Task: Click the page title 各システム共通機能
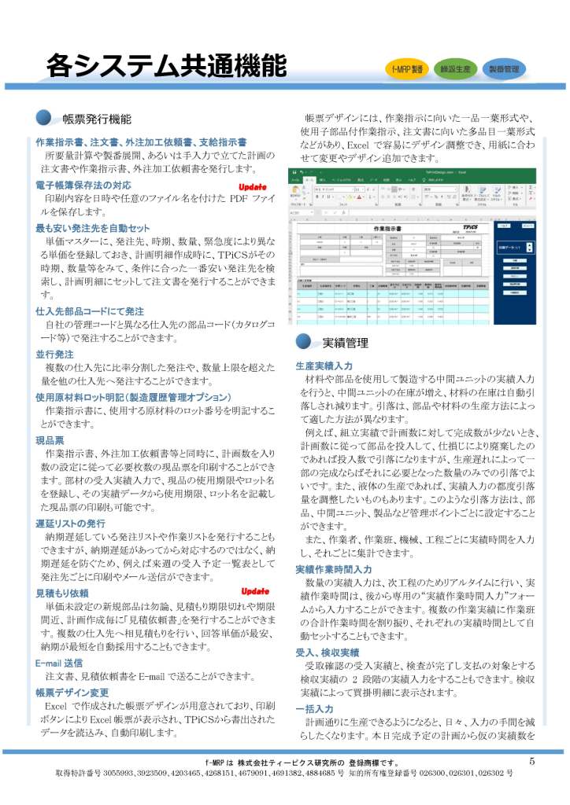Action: pyautogui.click(x=165, y=65)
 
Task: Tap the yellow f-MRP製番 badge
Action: pyautogui.click(x=407, y=69)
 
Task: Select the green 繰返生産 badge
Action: pyautogui.click(x=455, y=69)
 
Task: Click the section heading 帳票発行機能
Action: pyautogui.click(x=97, y=119)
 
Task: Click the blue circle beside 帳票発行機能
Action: pyautogui.click(x=44, y=119)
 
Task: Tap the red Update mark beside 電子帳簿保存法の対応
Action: pyautogui.click(x=254, y=186)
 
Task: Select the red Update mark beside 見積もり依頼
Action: pyautogui.click(x=254, y=590)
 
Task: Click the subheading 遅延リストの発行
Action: pyautogui.click(x=70, y=524)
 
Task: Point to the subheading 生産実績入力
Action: pyautogui.click(x=324, y=366)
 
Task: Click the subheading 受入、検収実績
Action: pyautogui.click(x=327, y=652)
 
